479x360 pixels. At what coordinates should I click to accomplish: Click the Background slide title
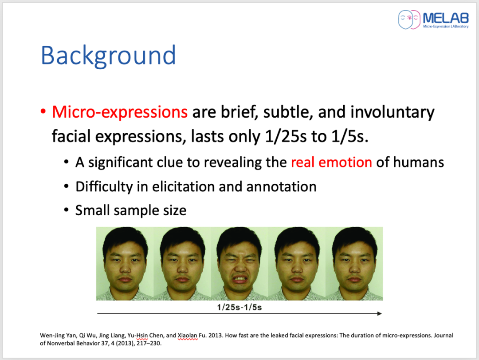[109, 56]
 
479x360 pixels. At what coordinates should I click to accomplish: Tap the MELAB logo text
[446, 18]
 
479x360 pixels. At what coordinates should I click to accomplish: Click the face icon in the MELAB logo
[409, 20]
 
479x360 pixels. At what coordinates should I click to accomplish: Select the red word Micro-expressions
[120, 112]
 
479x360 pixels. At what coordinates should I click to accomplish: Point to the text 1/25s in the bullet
[286, 136]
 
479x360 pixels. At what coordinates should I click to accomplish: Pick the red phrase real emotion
[331, 162]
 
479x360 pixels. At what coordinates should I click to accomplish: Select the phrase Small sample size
[131, 210]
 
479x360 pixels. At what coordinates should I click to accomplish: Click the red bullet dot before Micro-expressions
[43, 111]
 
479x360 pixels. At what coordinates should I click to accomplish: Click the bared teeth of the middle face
[240, 280]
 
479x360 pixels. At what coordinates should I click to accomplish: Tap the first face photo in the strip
[125, 263]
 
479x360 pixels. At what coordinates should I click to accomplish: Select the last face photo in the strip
[354, 263]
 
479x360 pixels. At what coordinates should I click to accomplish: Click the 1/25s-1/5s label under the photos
[239, 307]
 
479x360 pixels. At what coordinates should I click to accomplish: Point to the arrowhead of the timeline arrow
[379, 313]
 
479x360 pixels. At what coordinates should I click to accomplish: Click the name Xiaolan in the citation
[188, 335]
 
